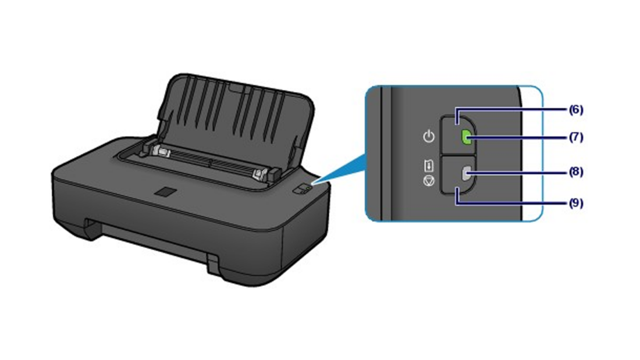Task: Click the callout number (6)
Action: [576, 110]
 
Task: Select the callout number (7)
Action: [576, 137]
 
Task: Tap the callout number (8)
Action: [576, 172]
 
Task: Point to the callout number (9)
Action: [576, 203]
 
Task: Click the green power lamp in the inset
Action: [466, 138]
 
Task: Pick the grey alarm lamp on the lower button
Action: [465, 174]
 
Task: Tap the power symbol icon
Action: [429, 136]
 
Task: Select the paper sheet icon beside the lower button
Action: [429, 166]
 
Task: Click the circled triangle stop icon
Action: [429, 181]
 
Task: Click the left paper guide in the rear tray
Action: [161, 152]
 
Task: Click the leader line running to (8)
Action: [518, 173]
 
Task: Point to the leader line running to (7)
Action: [518, 138]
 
